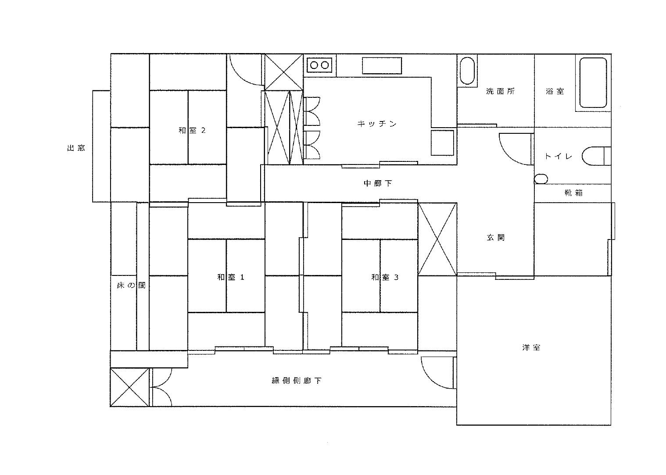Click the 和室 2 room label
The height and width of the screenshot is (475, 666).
point(192,131)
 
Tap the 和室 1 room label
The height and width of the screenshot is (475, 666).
point(231,277)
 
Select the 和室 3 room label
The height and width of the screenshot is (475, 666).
point(385,277)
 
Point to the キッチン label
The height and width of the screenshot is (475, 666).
point(377,124)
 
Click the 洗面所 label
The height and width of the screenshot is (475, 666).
point(501,91)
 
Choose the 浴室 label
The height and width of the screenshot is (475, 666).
point(555,91)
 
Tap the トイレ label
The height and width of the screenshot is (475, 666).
point(559,156)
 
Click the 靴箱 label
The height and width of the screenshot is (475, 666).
point(573,193)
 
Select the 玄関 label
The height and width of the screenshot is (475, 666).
point(496,238)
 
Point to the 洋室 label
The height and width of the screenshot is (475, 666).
point(531,347)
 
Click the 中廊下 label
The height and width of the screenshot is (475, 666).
point(378,183)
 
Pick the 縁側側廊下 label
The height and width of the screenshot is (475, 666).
point(297,381)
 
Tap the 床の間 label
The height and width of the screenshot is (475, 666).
point(131,286)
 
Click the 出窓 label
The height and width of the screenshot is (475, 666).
point(76,148)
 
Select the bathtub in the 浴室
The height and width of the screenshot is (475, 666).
point(593,82)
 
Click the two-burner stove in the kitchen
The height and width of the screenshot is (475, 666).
point(320,65)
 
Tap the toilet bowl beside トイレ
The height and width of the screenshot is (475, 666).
point(593,156)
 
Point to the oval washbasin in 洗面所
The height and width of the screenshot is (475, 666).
point(467,71)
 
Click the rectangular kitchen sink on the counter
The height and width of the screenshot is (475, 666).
point(382,66)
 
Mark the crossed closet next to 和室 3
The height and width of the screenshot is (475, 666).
point(437,239)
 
